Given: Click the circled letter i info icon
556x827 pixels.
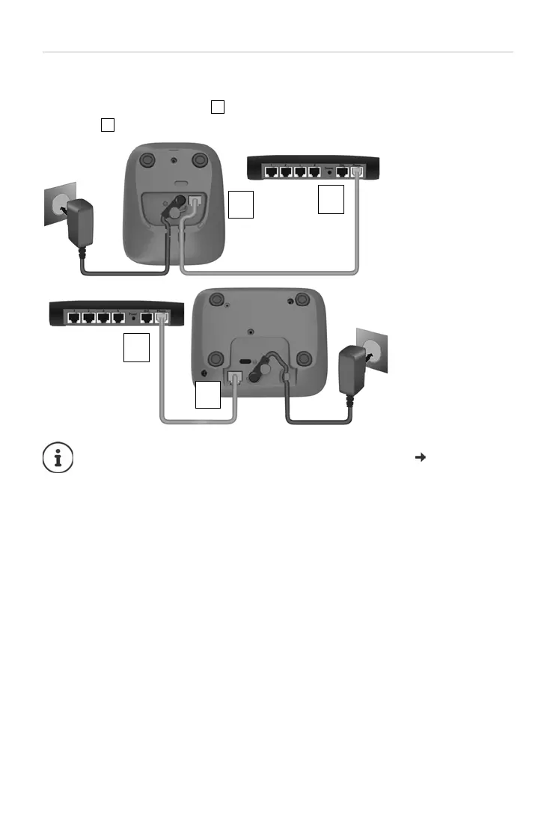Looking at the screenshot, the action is tap(58, 457).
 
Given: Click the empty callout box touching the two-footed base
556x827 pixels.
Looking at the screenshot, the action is tap(241, 204).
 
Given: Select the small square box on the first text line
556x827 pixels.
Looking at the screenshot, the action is tap(218, 107).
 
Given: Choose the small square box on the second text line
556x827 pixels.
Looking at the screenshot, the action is tap(107, 125).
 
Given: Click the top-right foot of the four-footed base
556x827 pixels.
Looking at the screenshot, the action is tap(302, 300).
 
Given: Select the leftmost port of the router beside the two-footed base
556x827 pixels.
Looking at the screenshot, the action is tap(270, 172).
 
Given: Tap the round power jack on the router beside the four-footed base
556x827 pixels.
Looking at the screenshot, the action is tap(134, 318).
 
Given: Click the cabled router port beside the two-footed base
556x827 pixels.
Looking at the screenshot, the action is tap(357, 172).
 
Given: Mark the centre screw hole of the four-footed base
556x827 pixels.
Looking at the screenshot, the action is tap(250, 330).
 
